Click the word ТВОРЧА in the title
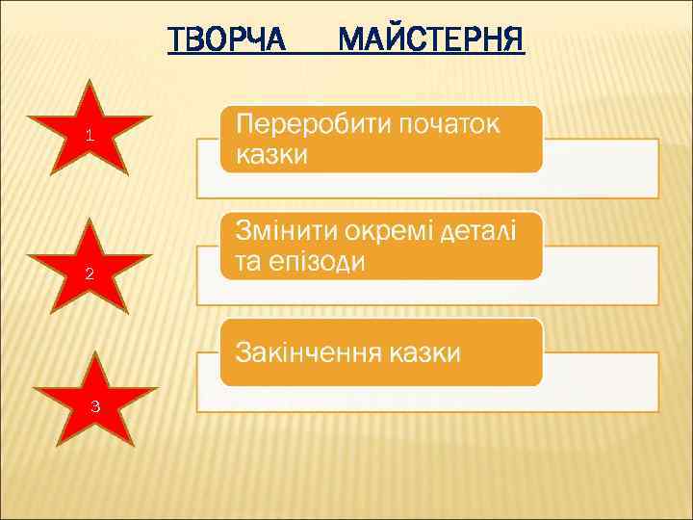coord(226,40)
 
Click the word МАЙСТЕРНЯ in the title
coord(432,40)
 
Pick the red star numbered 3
coord(94,403)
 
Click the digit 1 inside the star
coord(89,136)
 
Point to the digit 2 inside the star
coord(90,273)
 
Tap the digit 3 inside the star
coord(94,405)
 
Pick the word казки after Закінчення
coord(424,352)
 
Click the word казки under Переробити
coord(272,155)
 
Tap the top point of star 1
coord(90,81)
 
